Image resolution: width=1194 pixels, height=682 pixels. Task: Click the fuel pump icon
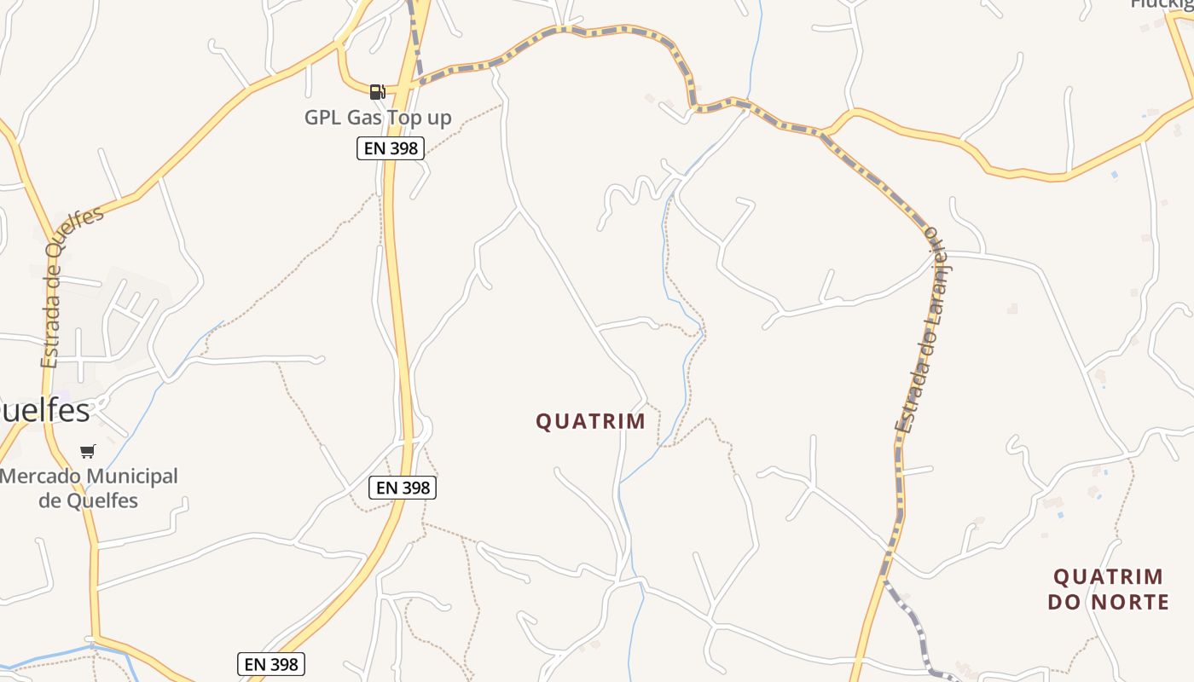pyautogui.click(x=377, y=91)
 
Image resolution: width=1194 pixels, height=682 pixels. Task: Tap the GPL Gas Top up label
pyautogui.click(x=378, y=118)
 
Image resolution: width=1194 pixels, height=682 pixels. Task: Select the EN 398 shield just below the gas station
pyautogui.click(x=391, y=148)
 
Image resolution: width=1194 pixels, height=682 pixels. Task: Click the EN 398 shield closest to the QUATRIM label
pyautogui.click(x=403, y=488)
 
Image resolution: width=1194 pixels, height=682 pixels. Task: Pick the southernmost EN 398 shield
pyautogui.click(x=270, y=664)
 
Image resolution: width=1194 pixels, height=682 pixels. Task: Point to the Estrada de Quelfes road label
pyautogui.click(x=72, y=286)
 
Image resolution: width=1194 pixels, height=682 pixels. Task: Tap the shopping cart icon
pyautogui.click(x=88, y=451)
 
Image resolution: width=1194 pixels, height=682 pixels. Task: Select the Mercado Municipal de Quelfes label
pyautogui.click(x=89, y=488)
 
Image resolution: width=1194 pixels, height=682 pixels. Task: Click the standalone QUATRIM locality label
pyautogui.click(x=590, y=421)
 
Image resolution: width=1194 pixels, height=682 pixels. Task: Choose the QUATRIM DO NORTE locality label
pyautogui.click(x=1108, y=589)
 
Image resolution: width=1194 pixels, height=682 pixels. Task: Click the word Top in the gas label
pyautogui.click(x=398, y=118)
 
